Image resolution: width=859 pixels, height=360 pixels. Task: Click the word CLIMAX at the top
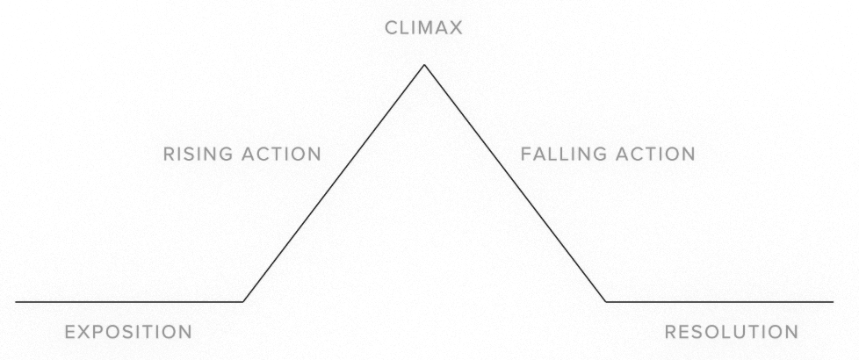pos(423,29)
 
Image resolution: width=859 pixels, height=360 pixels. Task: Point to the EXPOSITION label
pos(129,332)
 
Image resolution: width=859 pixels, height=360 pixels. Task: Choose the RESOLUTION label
pos(732,332)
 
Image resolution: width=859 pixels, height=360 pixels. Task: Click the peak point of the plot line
pos(424,65)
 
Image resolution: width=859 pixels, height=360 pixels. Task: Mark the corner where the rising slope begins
pos(243,302)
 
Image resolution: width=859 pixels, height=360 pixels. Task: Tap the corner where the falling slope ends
pos(605,302)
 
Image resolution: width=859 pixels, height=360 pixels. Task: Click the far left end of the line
pos(18,302)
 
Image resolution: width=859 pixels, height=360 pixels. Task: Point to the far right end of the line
pos(832,302)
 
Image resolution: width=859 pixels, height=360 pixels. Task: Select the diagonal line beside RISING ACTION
pos(334,184)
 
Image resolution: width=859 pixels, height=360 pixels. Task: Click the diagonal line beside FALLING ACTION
pos(515,184)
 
